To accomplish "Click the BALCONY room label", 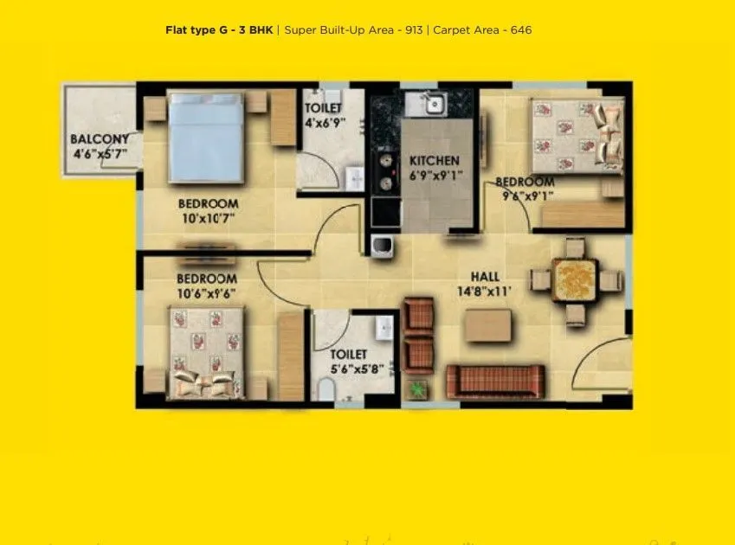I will point(100,138).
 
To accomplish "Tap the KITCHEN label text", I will point(435,161).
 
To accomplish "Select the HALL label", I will point(486,277).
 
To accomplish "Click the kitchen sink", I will point(434,106).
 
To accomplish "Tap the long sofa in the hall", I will point(495,381).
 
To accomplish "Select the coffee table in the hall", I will point(488,326).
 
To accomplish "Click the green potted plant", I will point(417,389).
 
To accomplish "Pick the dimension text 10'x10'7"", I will point(208,219).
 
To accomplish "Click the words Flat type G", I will point(198,30).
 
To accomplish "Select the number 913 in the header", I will point(413,30).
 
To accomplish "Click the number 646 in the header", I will point(521,30).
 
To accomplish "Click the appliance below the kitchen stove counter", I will point(382,246).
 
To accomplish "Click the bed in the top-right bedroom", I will point(576,135).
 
